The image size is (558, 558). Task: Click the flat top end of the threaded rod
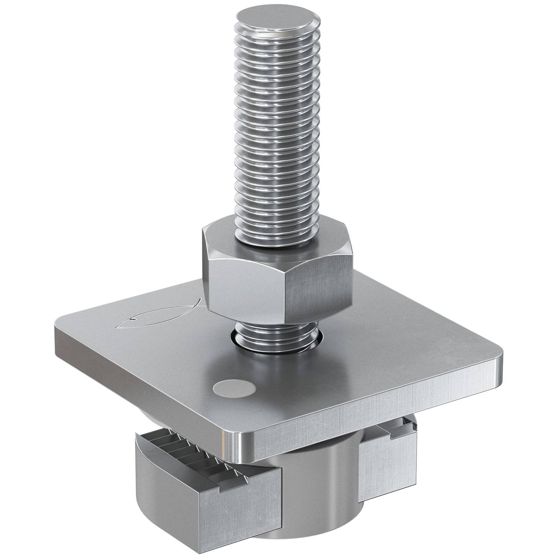click(278, 20)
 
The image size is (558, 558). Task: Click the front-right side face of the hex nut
click(319, 291)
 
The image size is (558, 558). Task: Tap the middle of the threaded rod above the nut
click(278, 139)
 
